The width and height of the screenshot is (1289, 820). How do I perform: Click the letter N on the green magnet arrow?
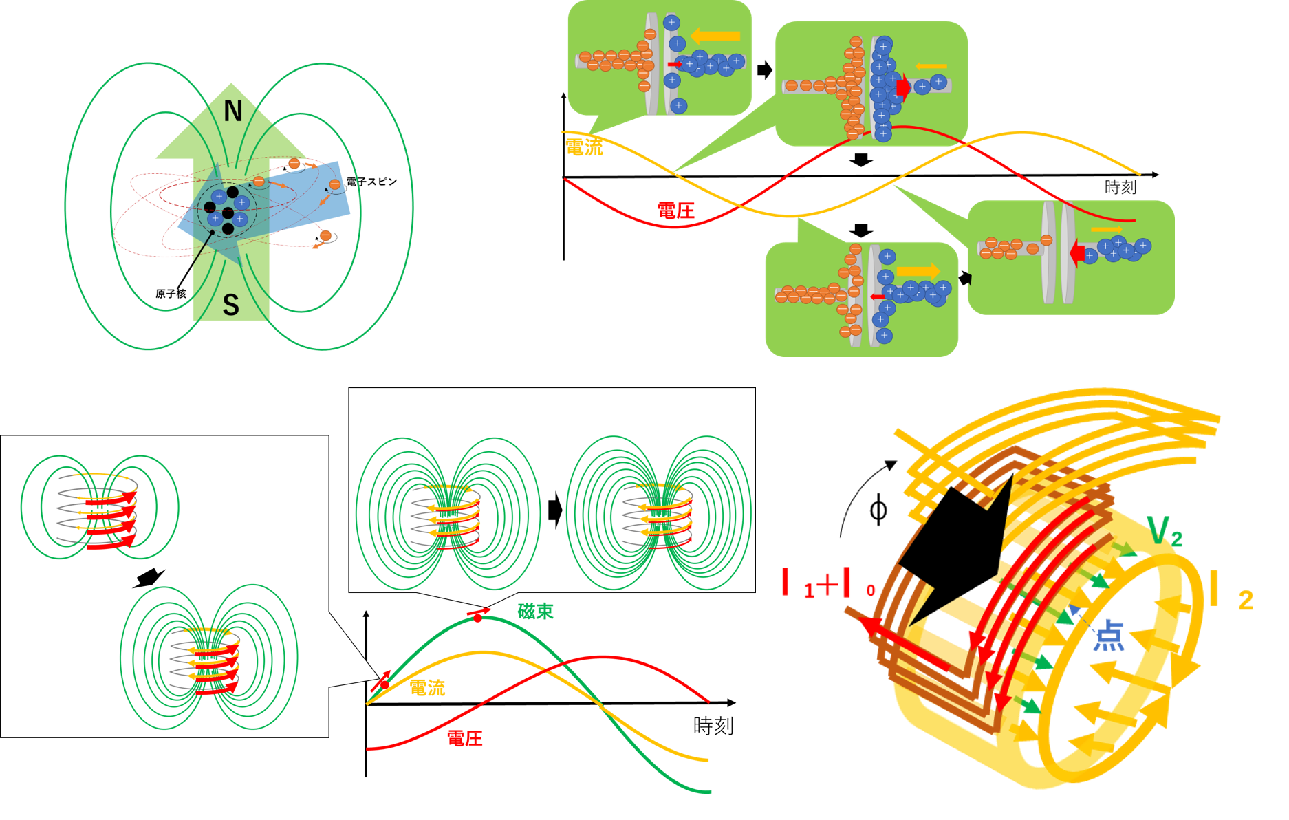[x=233, y=111]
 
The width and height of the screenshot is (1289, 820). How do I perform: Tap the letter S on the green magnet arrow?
[x=231, y=305]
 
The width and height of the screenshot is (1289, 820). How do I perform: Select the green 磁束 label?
[x=535, y=611]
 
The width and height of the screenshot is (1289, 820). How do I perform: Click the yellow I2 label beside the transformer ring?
[x=1231, y=592]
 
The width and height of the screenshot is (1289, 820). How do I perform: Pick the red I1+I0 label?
[x=828, y=584]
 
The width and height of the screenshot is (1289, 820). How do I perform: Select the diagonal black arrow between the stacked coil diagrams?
[x=149, y=578]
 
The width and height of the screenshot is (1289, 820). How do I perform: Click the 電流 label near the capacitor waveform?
[x=584, y=147]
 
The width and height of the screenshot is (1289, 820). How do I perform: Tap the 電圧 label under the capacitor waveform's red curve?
[x=676, y=211]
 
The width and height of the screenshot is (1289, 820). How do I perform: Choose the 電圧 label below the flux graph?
[x=465, y=739]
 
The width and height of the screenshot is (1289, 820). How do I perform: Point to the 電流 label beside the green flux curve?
[x=427, y=688]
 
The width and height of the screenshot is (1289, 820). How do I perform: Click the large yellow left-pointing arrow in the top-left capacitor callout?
[x=715, y=36]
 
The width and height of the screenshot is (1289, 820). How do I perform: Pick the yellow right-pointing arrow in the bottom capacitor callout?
[x=918, y=271]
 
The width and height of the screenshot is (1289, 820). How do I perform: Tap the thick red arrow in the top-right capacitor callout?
[x=903, y=85]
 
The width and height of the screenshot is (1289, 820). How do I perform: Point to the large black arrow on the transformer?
[x=956, y=543]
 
